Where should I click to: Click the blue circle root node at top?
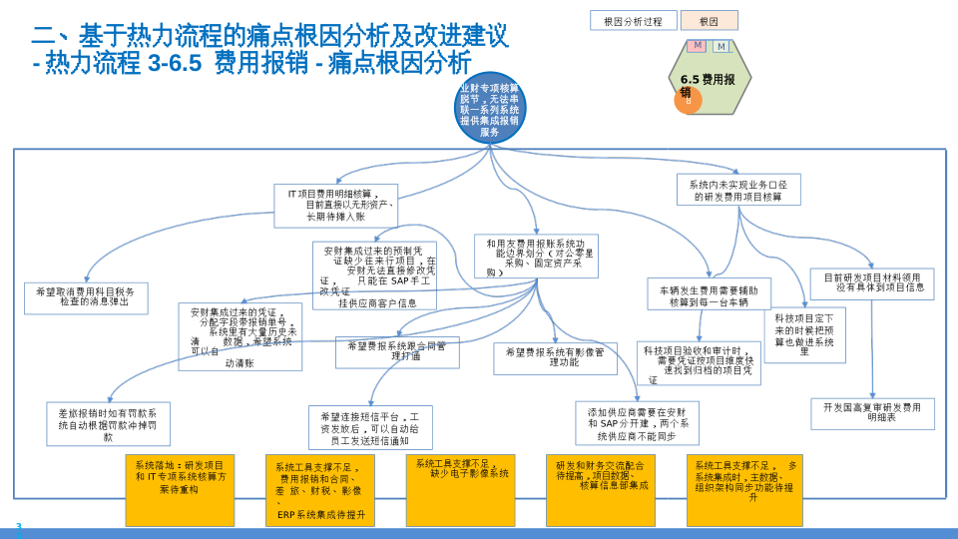pyautogui.click(x=489, y=108)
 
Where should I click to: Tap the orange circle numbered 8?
pyautogui.click(x=688, y=100)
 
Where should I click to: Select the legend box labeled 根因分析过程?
pyautogui.click(x=633, y=21)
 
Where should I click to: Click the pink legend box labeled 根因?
pyautogui.click(x=710, y=21)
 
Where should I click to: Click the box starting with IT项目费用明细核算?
pyautogui.click(x=335, y=205)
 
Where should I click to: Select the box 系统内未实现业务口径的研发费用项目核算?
pyautogui.click(x=738, y=190)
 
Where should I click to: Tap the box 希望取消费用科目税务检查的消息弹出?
pyautogui.click(x=86, y=297)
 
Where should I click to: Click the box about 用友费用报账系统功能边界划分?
pyautogui.click(x=537, y=257)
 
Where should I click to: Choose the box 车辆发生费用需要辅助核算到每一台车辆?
pyautogui.click(x=709, y=294)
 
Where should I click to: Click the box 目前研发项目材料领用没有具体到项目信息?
pyautogui.click(x=872, y=283)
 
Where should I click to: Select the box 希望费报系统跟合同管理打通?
pyautogui.click(x=397, y=351)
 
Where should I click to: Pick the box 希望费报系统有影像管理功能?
pyautogui.click(x=556, y=358)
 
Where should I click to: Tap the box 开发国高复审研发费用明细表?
pyautogui.click(x=872, y=413)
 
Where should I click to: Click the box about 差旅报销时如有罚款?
pyautogui.click(x=108, y=424)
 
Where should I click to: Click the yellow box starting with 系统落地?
pyautogui.click(x=180, y=490)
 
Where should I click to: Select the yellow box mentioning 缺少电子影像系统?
pyautogui.click(x=460, y=490)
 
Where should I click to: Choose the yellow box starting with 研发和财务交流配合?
pyautogui.click(x=601, y=490)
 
